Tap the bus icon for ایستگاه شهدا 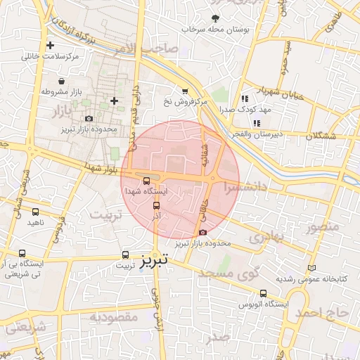[x=146, y=181]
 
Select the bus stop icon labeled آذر [x=156, y=206]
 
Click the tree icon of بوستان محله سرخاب [x=215, y=18]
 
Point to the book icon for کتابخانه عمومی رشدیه [x=312, y=268]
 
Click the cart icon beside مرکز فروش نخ [x=185, y=91]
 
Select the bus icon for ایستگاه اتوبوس [x=263, y=293]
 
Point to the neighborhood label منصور [x=323, y=227]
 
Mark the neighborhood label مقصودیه [x=113, y=317]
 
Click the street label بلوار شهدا [x=99, y=167]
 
